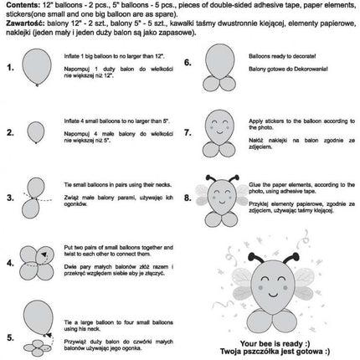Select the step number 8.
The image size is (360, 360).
(188, 198)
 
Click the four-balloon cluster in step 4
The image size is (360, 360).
(35, 263)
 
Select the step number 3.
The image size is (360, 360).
(9, 198)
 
